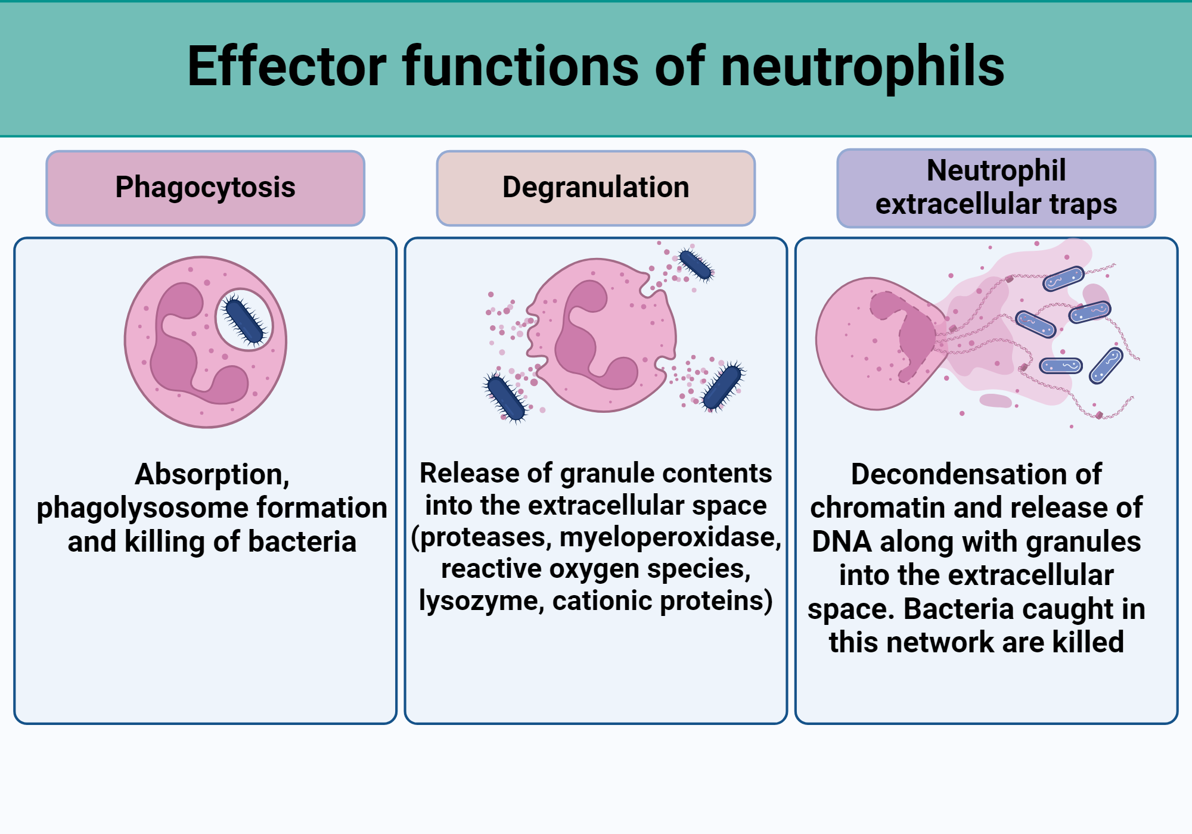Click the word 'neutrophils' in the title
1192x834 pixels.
(862, 67)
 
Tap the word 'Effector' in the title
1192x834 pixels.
(287, 67)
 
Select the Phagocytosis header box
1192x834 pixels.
(205, 188)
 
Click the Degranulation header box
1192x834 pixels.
(595, 188)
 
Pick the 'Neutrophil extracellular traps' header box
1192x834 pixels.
(996, 188)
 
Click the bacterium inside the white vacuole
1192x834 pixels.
(244, 321)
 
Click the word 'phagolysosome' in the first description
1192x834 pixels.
(141, 508)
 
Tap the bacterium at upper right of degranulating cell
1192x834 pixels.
(695, 265)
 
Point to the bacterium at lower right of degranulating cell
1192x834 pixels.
(722, 388)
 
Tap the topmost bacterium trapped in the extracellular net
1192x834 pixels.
(1063, 278)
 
